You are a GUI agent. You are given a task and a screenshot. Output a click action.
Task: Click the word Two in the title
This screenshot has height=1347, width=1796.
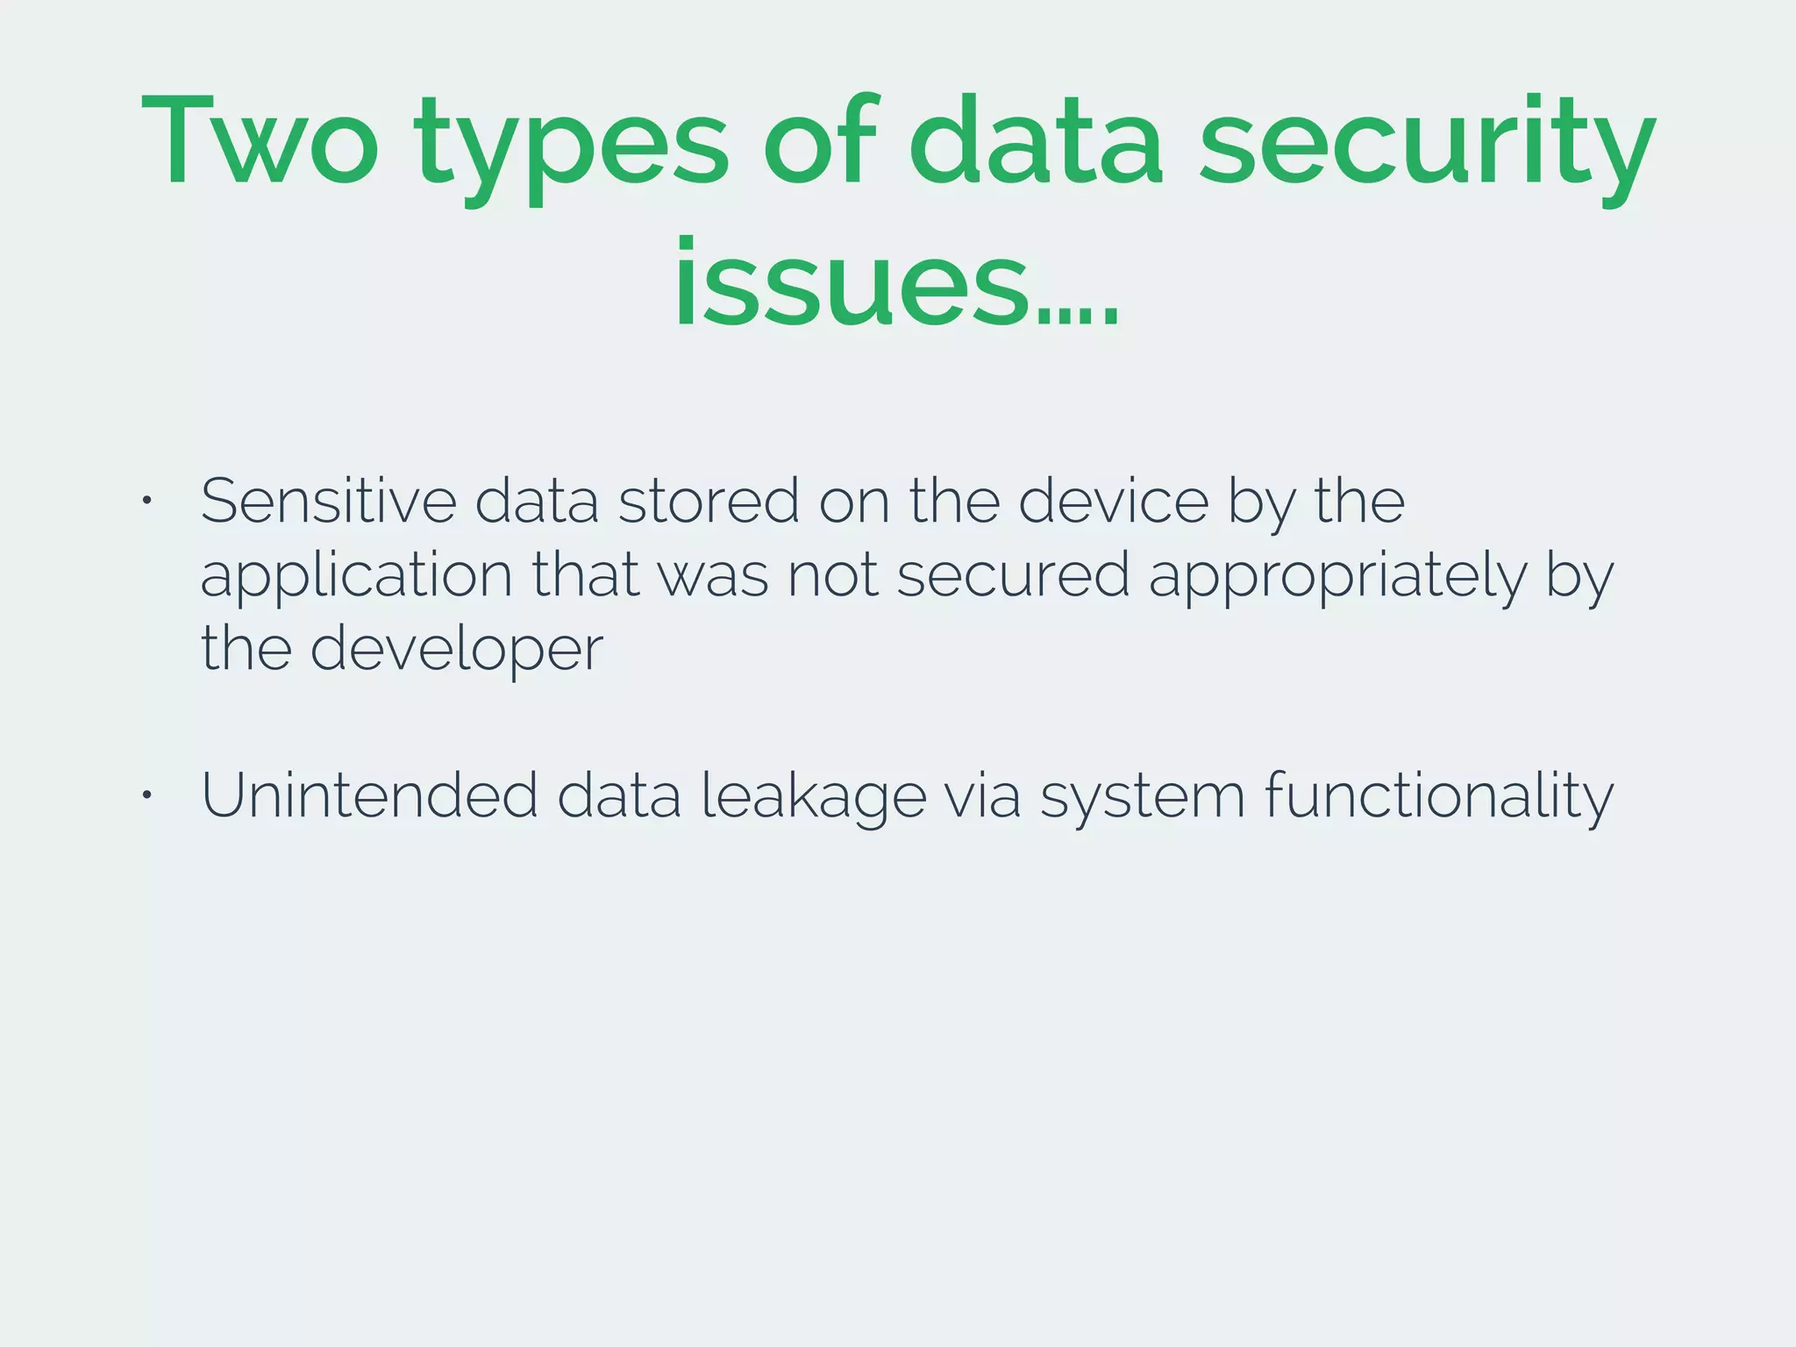(260, 140)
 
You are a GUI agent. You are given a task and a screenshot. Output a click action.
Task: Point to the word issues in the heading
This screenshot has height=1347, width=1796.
(851, 285)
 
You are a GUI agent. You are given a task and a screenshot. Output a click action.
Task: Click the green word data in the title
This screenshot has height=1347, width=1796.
(1036, 140)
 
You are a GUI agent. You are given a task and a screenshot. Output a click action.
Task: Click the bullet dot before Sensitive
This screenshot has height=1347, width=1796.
(147, 501)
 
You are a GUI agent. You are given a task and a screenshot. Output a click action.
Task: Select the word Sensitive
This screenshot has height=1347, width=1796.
(328, 501)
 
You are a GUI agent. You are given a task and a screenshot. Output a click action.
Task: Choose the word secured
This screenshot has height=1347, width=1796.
(1013, 575)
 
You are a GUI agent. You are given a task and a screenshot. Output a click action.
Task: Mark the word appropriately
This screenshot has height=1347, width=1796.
(1337, 579)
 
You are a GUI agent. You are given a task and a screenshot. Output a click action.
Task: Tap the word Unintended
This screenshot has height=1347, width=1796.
(369, 795)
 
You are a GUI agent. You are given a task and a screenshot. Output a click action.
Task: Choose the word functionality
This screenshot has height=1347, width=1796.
(1438, 796)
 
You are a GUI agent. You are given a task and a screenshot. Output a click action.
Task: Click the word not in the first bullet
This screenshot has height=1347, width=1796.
(832, 576)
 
